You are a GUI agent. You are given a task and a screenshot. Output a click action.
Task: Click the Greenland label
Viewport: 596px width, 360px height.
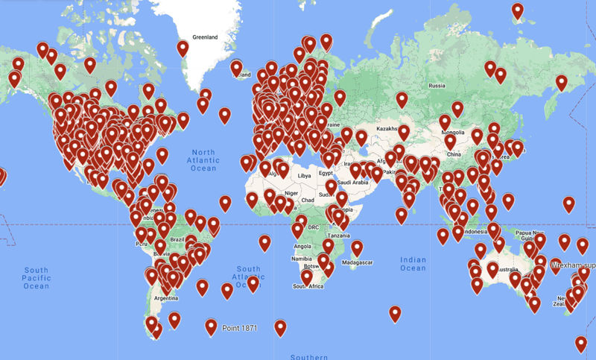click(x=204, y=37)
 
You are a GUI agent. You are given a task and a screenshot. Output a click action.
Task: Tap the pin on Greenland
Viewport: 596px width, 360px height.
click(x=183, y=49)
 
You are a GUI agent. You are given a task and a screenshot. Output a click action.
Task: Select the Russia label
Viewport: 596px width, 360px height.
click(x=437, y=86)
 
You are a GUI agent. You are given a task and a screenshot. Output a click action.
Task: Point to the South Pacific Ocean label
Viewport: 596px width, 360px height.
click(x=36, y=278)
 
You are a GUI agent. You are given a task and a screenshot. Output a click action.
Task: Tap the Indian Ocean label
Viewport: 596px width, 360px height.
click(x=413, y=264)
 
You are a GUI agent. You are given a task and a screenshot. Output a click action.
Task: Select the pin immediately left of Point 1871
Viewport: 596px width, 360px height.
click(x=212, y=326)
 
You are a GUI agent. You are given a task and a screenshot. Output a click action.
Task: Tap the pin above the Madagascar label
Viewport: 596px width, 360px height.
click(x=357, y=247)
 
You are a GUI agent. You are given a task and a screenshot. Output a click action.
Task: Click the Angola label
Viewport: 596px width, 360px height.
click(x=302, y=246)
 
